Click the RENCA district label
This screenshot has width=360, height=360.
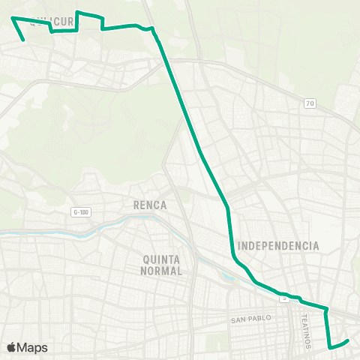149,205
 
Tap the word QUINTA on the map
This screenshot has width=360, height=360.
161,259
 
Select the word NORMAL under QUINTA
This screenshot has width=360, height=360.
161,271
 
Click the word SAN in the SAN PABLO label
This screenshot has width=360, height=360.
238,320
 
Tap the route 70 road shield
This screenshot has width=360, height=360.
310,103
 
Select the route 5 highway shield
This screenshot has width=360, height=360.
284,298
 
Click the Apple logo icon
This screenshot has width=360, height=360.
12,347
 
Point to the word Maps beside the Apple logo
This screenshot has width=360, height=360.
33,347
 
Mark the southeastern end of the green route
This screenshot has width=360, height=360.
349,341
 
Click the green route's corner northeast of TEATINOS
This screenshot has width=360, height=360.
326,308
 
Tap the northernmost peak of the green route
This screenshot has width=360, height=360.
79,12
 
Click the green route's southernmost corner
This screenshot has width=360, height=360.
330,347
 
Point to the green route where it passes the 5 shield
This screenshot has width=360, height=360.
284,293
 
